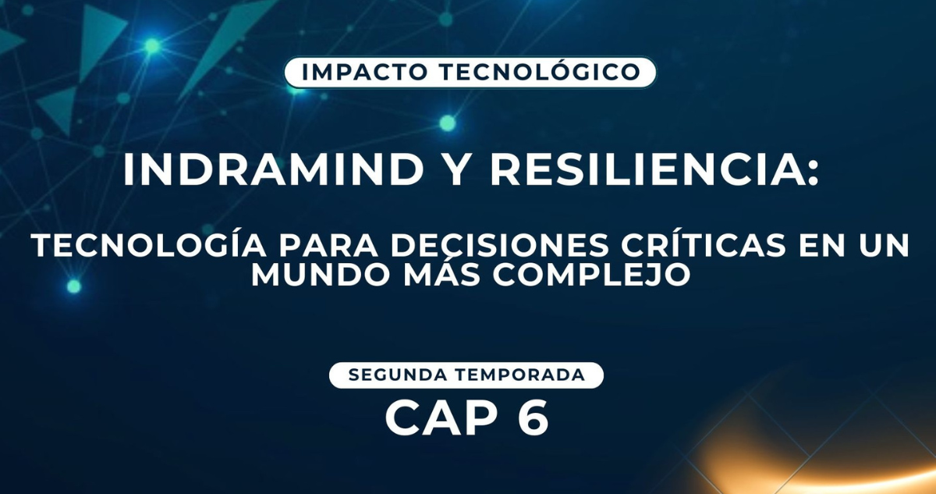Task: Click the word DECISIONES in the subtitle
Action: coord(499,245)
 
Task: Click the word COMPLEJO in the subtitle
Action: coord(591,275)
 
